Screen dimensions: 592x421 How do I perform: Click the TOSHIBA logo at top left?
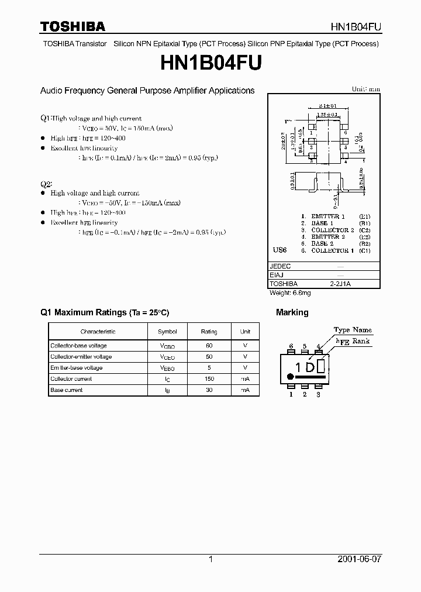tap(73, 26)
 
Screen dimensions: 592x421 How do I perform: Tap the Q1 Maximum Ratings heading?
tap(104, 312)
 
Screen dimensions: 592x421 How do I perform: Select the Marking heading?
tap(292, 312)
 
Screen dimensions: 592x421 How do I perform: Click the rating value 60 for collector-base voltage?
tap(209, 346)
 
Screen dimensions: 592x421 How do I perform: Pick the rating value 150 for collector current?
tap(209, 379)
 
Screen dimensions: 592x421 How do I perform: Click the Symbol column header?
tap(167, 332)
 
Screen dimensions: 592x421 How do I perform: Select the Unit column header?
tap(245, 332)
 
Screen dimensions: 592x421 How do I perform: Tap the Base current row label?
tap(67, 390)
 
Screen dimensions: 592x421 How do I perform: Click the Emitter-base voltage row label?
tap(77, 368)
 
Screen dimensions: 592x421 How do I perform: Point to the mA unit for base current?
tap(245, 390)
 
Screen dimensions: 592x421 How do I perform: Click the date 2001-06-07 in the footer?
tap(359, 559)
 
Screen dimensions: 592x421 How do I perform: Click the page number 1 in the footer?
tap(210, 559)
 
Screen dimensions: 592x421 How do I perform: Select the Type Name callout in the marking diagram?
tap(353, 331)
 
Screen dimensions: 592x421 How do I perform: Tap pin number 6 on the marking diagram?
tap(291, 346)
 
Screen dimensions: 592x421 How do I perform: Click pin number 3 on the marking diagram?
tap(318, 395)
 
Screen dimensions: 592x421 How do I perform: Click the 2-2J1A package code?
tap(340, 283)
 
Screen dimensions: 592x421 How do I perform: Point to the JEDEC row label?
tap(280, 266)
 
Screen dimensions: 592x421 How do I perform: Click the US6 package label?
tap(280, 250)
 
